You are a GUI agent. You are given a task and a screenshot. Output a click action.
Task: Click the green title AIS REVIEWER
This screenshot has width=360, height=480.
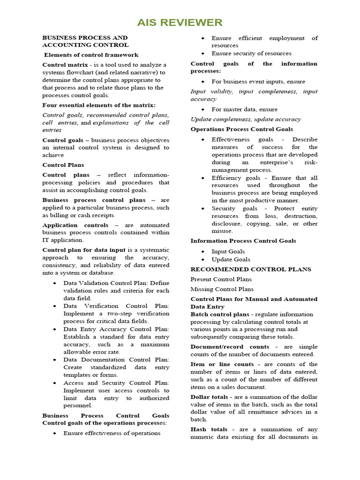180,22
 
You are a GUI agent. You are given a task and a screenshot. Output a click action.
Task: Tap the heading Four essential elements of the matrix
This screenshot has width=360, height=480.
99,105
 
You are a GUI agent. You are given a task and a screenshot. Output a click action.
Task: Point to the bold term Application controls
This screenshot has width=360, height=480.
75,225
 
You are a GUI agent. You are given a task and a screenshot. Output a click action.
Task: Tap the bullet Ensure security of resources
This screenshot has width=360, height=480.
251,53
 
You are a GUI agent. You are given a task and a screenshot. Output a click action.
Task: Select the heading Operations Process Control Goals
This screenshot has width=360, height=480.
241,129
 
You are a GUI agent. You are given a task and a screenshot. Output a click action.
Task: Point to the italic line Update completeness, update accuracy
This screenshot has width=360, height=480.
246,119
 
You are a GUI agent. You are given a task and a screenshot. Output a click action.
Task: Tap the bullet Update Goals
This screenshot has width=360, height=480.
231,259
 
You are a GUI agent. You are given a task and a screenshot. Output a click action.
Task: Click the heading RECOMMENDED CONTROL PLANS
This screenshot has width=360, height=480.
250,270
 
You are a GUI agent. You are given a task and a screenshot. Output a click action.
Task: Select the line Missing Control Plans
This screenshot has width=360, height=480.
222,289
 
